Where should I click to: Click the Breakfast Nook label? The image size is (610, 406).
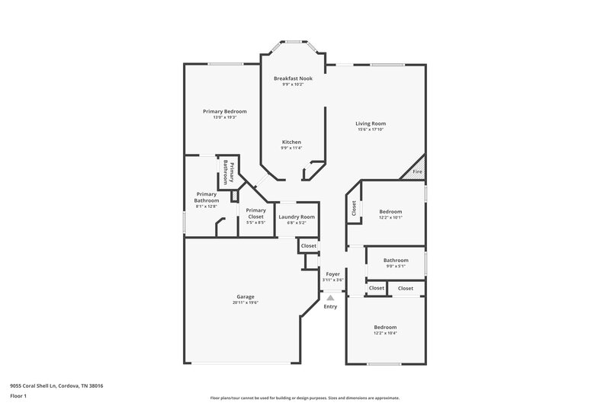(x=293, y=78)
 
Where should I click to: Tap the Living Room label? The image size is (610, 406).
(x=371, y=123)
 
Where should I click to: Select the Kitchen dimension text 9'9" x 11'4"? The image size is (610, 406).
(x=292, y=149)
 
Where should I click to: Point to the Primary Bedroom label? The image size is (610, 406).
(x=224, y=111)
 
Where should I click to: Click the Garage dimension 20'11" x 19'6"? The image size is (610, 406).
(x=246, y=303)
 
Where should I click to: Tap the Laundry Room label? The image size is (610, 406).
(x=297, y=217)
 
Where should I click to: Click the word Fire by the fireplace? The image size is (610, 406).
(x=417, y=172)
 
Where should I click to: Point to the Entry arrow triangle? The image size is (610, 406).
(x=330, y=298)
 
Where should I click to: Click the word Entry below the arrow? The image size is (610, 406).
(x=330, y=306)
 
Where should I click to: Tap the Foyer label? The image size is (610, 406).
(x=332, y=273)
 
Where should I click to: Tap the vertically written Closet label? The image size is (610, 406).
(x=354, y=207)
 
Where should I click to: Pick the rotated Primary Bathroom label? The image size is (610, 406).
(x=226, y=171)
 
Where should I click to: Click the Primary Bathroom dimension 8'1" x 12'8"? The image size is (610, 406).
(x=207, y=206)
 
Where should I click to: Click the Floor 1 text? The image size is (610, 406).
(x=18, y=397)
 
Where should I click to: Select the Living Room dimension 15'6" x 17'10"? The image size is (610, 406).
(x=371, y=130)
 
